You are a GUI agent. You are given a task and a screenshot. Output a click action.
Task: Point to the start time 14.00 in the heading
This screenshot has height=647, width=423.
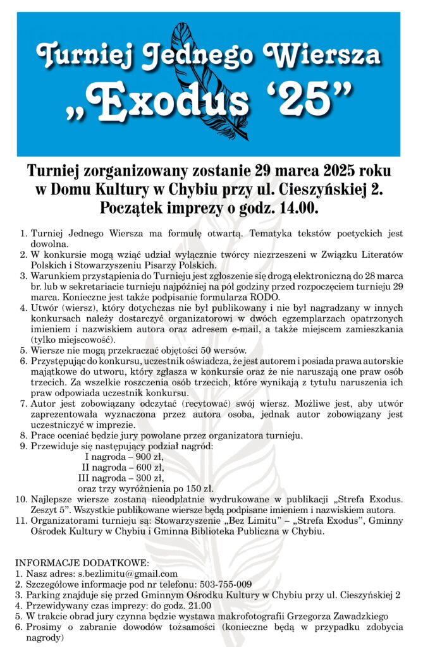tap(298, 207)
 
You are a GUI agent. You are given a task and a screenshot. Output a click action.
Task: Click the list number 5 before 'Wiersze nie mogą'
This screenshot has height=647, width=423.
tap(23, 351)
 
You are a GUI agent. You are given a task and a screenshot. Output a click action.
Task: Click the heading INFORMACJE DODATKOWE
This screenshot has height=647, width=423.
tap(82, 562)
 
